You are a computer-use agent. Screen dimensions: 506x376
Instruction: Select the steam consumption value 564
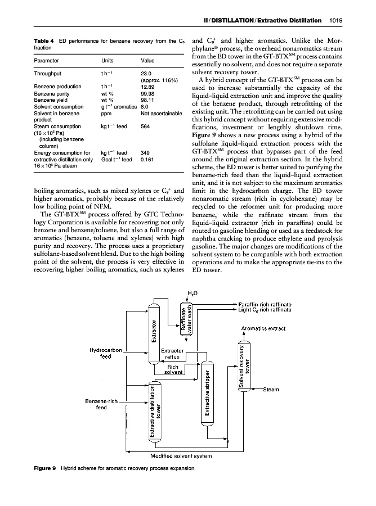click(145, 126)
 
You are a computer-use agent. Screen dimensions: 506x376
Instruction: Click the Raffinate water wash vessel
click(186, 322)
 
